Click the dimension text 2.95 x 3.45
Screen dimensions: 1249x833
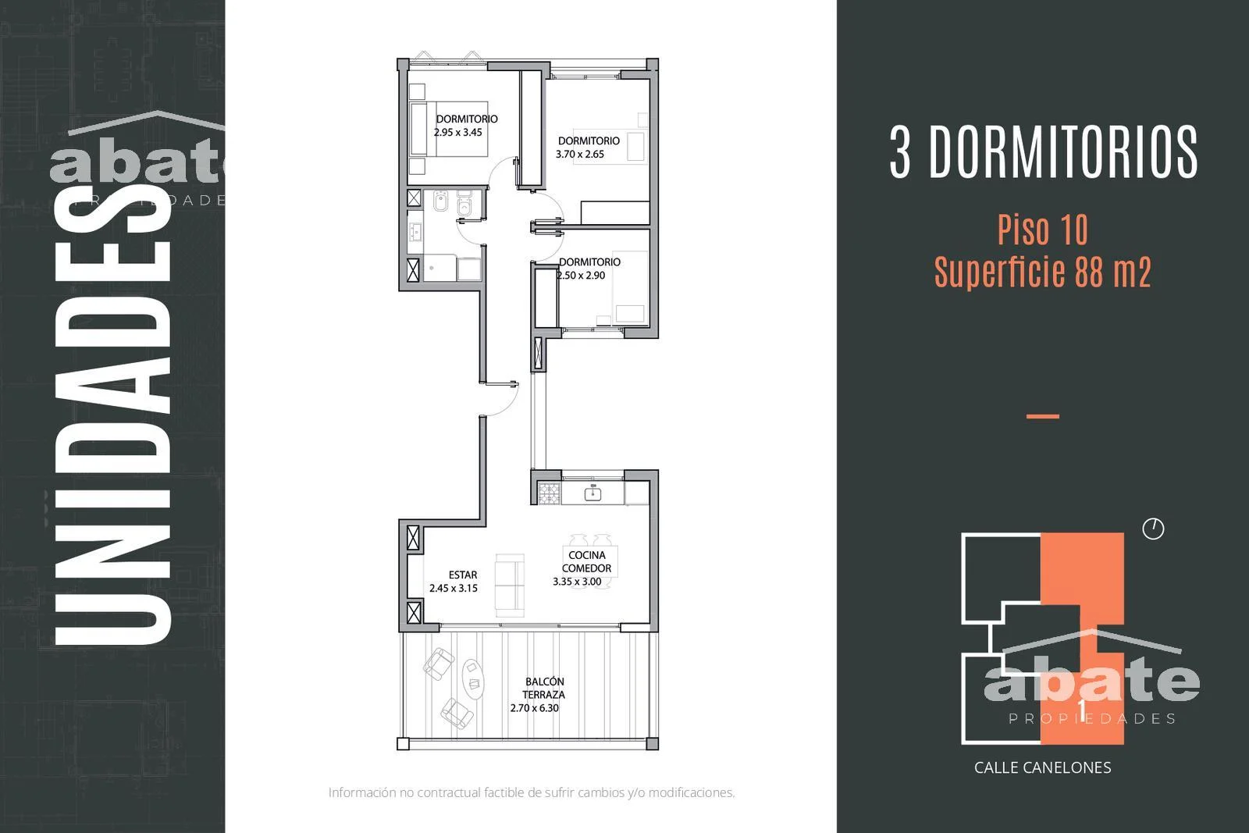pyautogui.click(x=457, y=133)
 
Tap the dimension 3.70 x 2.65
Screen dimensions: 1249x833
pyautogui.click(x=580, y=155)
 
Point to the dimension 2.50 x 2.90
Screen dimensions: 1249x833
pyautogui.click(x=581, y=276)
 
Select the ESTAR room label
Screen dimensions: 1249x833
pyautogui.click(x=463, y=575)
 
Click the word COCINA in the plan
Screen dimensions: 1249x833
pyautogui.click(x=586, y=555)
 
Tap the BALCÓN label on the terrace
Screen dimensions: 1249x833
pyautogui.click(x=545, y=682)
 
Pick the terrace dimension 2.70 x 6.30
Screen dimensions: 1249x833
pyautogui.click(x=534, y=708)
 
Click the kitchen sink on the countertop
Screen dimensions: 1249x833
pyautogui.click(x=592, y=493)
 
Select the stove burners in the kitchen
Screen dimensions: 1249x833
pyautogui.click(x=550, y=493)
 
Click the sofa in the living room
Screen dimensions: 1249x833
pyautogui.click(x=510, y=585)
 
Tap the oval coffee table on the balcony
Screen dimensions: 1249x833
pyautogui.click(x=473, y=678)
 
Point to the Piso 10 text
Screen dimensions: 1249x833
pyautogui.click(x=1042, y=230)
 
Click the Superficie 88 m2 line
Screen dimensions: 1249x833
pyautogui.click(x=1042, y=272)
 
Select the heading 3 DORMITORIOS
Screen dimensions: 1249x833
pyautogui.click(x=1043, y=151)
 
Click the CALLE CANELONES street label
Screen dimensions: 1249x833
pyautogui.click(x=1042, y=767)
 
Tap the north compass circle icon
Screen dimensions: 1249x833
pyautogui.click(x=1153, y=529)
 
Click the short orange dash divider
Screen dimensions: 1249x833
pyautogui.click(x=1043, y=416)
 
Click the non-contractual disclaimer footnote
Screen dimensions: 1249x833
pyautogui.click(x=532, y=792)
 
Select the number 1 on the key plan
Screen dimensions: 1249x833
pyautogui.click(x=1082, y=710)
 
